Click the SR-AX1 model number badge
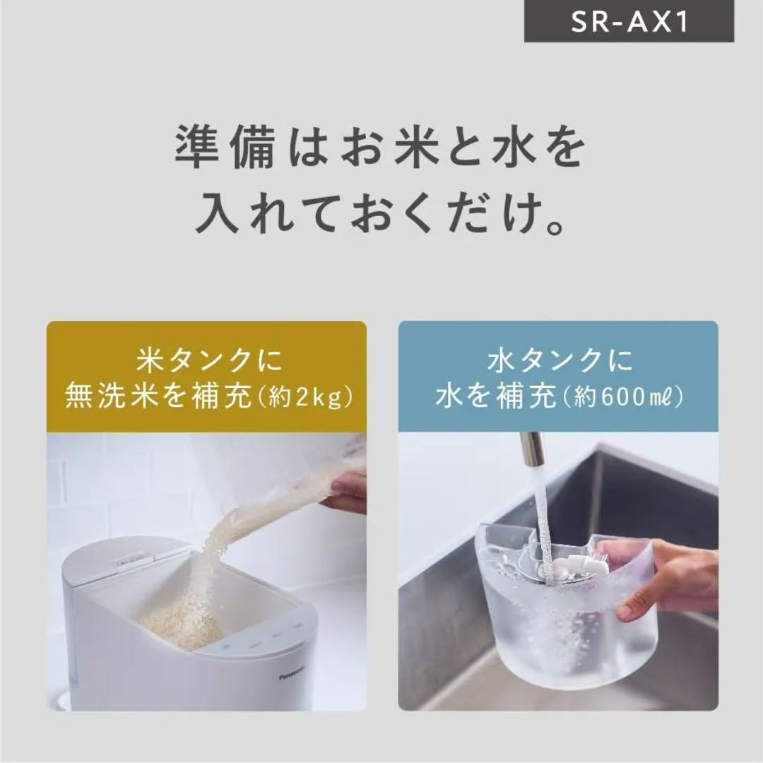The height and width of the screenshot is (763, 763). [x=628, y=22]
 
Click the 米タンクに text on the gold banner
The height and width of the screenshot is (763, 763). [x=206, y=362]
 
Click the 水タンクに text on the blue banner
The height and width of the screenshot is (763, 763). [x=557, y=362]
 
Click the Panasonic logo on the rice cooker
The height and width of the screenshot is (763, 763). [x=291, y=675]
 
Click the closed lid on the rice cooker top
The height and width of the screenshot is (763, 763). [x=120, y=558]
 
